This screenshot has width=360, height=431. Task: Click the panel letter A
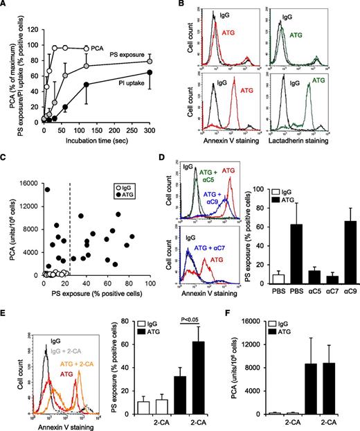pos(6,6)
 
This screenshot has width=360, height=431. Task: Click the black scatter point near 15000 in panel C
pos(48,170)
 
